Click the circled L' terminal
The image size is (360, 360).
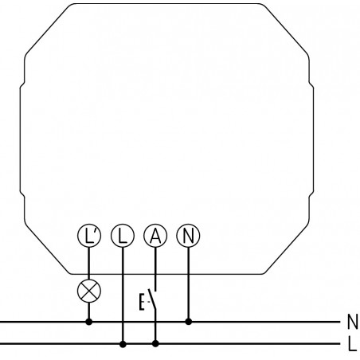pos(89,236)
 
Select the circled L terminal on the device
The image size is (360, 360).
pos(123,236)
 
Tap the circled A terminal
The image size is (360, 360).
pos(155,236)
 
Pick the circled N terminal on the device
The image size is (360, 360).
pos(189,236)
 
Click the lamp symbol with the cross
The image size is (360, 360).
pos(89,291)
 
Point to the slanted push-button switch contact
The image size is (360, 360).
pos(152,299)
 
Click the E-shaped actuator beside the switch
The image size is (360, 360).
pos(142,302)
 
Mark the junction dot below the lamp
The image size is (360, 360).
pos(89,322)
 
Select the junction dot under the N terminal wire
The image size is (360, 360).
pos(189,322)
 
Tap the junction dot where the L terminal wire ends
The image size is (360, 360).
pos(123,344)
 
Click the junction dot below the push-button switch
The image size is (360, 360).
pos(155,344)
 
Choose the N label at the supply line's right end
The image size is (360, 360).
pos(353,322)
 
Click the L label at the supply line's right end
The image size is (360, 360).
pos(352,344)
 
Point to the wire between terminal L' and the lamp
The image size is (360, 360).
pos(89,264)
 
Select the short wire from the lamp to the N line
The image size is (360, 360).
pos(89,311)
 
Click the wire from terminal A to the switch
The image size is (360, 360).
pos(155,269)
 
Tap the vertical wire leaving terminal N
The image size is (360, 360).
pos(189,284)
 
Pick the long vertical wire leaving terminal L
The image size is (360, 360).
pos(123,295)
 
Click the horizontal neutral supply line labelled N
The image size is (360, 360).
pos(170,322)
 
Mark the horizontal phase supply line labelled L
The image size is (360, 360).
pos(170,344)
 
